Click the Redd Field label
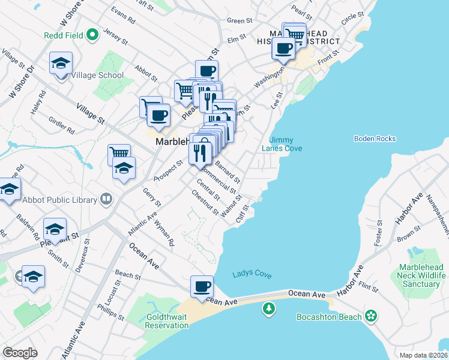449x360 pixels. click(64, 35)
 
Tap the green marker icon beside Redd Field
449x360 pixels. click(92, 35)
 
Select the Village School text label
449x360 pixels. click(97, 76)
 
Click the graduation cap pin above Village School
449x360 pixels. click(61, 64)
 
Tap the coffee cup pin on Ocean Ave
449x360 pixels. click(202, 286)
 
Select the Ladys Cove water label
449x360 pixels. click(252, 275)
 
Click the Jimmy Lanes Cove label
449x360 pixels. click(282, 144)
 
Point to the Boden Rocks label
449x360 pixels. click(375, 139)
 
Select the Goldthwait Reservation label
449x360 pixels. click(167, 321)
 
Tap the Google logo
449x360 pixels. click(20, 353)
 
